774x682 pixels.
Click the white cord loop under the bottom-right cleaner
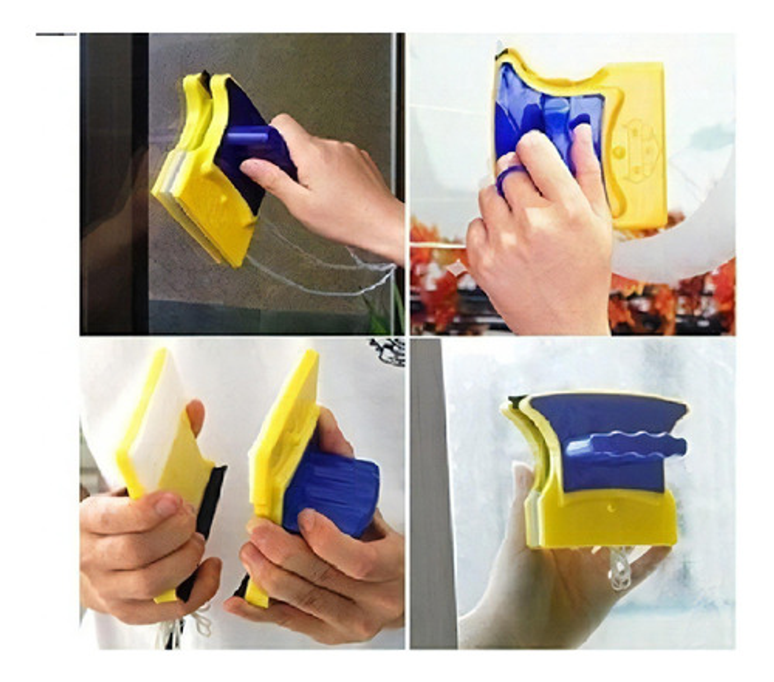(621, 569)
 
